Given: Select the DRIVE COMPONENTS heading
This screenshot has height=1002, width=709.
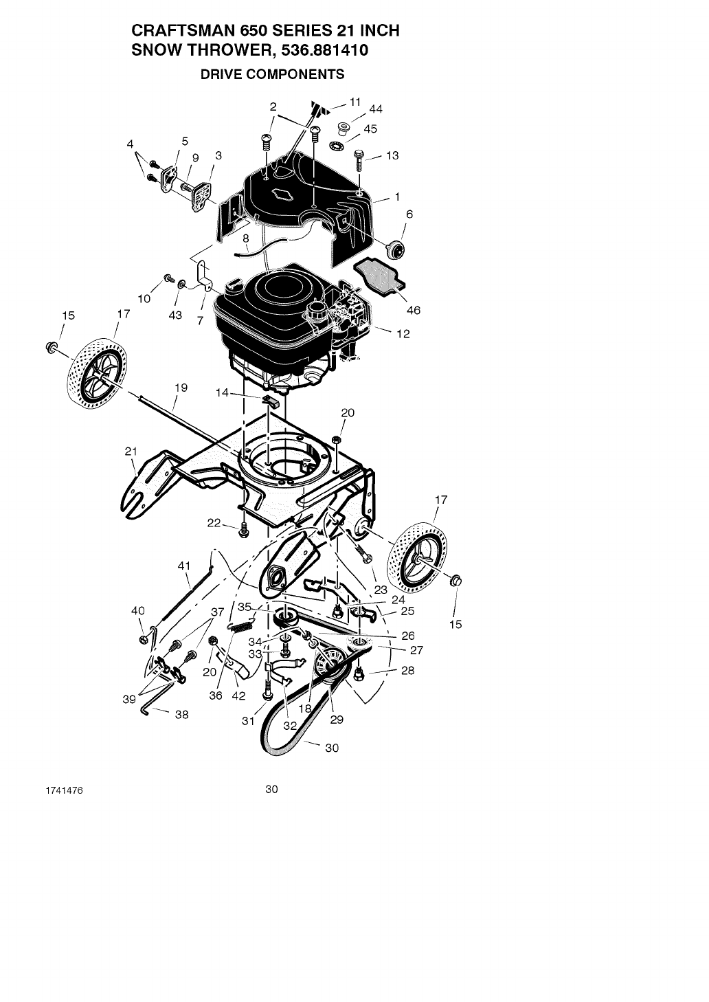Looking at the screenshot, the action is [x=272, y=74].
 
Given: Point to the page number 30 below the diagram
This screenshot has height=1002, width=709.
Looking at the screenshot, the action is [x=271, y=790].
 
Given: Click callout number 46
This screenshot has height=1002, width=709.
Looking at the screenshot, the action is [x=413, y=310].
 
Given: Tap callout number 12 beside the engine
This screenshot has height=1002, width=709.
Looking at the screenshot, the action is [x=403, y=334].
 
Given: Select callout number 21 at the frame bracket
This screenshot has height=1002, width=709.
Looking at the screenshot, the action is [x=131, y=452].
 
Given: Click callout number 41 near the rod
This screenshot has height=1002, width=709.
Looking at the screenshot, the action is [x=183, y=566].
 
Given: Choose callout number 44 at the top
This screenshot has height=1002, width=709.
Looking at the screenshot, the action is [x=376, y=109].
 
